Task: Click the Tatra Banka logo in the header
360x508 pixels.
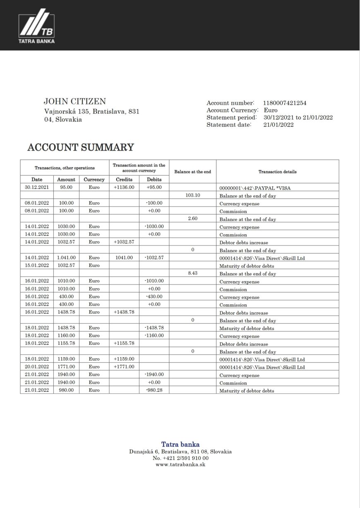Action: (x=36, y=28)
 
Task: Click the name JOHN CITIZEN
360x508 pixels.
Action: (x=74, y=101)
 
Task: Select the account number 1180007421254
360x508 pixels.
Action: (x=285, y=103)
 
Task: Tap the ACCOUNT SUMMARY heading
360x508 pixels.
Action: (x=80, y=147)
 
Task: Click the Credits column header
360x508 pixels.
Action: (x=124, y=180)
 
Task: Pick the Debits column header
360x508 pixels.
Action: (x=154, y=180)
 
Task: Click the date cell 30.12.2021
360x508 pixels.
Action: (x=37, y=187)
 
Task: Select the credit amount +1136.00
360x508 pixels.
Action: (x=124, y=187)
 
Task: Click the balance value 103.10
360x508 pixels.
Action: (x=192, y=195)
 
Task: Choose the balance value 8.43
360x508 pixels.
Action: (x=192, y=273)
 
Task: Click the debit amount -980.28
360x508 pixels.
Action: (x=154, y=390)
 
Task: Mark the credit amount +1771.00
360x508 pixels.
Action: (x=124, y=367)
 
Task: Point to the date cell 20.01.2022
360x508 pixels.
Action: (x=37, y=367)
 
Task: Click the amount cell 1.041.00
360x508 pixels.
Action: (x=66, y=258)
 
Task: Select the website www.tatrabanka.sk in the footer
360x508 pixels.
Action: (x=180, y=465)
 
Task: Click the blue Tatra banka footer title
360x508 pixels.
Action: (x=180, y=445)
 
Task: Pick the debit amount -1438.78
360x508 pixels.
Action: (x=154, y=328)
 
